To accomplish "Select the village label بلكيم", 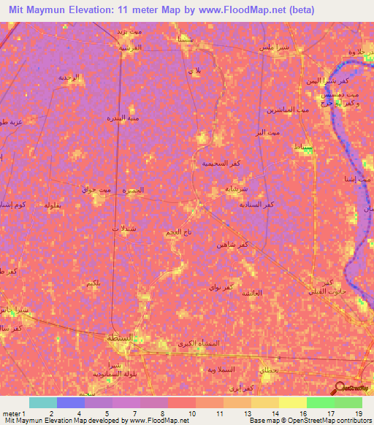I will tap(93, 283).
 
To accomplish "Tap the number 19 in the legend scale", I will tap(358, 414).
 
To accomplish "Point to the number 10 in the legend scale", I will tap(191, 414).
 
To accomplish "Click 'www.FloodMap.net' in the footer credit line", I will tap(152, 421).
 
